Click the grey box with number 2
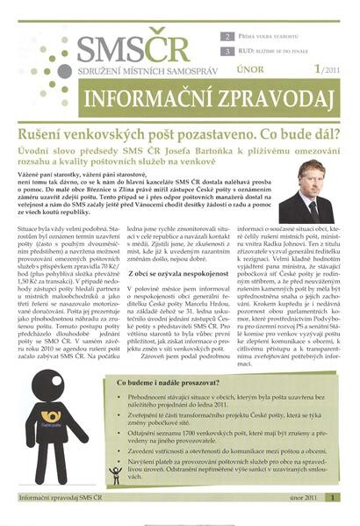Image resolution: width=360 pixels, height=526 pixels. pos(229,38)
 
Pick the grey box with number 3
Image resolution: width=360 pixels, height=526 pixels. pos(229,52)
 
